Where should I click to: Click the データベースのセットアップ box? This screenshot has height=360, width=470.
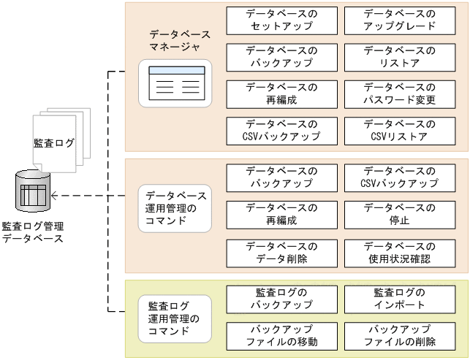click(x=281, y=20)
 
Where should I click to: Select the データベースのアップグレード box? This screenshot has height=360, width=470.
click(x=399, y=20)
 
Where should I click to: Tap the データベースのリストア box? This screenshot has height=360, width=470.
click(x=399, y=57)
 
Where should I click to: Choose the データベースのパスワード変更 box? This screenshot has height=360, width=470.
click(x=399, y=93)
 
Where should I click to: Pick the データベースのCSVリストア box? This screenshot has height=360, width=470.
click(x=399, y=130)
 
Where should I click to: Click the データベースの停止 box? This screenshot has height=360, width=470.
click(x=399, y=214)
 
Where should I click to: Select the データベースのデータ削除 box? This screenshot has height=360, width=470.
click(x=281, y=252)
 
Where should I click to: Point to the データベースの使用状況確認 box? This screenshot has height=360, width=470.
click(x=399, y=252)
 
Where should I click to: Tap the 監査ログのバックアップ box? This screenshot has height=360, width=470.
click(x=281, y=298)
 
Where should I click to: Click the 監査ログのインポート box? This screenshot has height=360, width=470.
click(x=399, y=298)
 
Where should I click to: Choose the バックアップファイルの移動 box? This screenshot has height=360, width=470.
click(x=281, y=336)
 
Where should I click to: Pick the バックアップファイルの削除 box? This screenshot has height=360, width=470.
click(x=399, y=336)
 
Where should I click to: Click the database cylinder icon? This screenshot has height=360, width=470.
click(x=34, y=192)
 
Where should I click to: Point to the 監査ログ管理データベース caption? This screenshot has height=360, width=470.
click(x=33, y=232)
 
